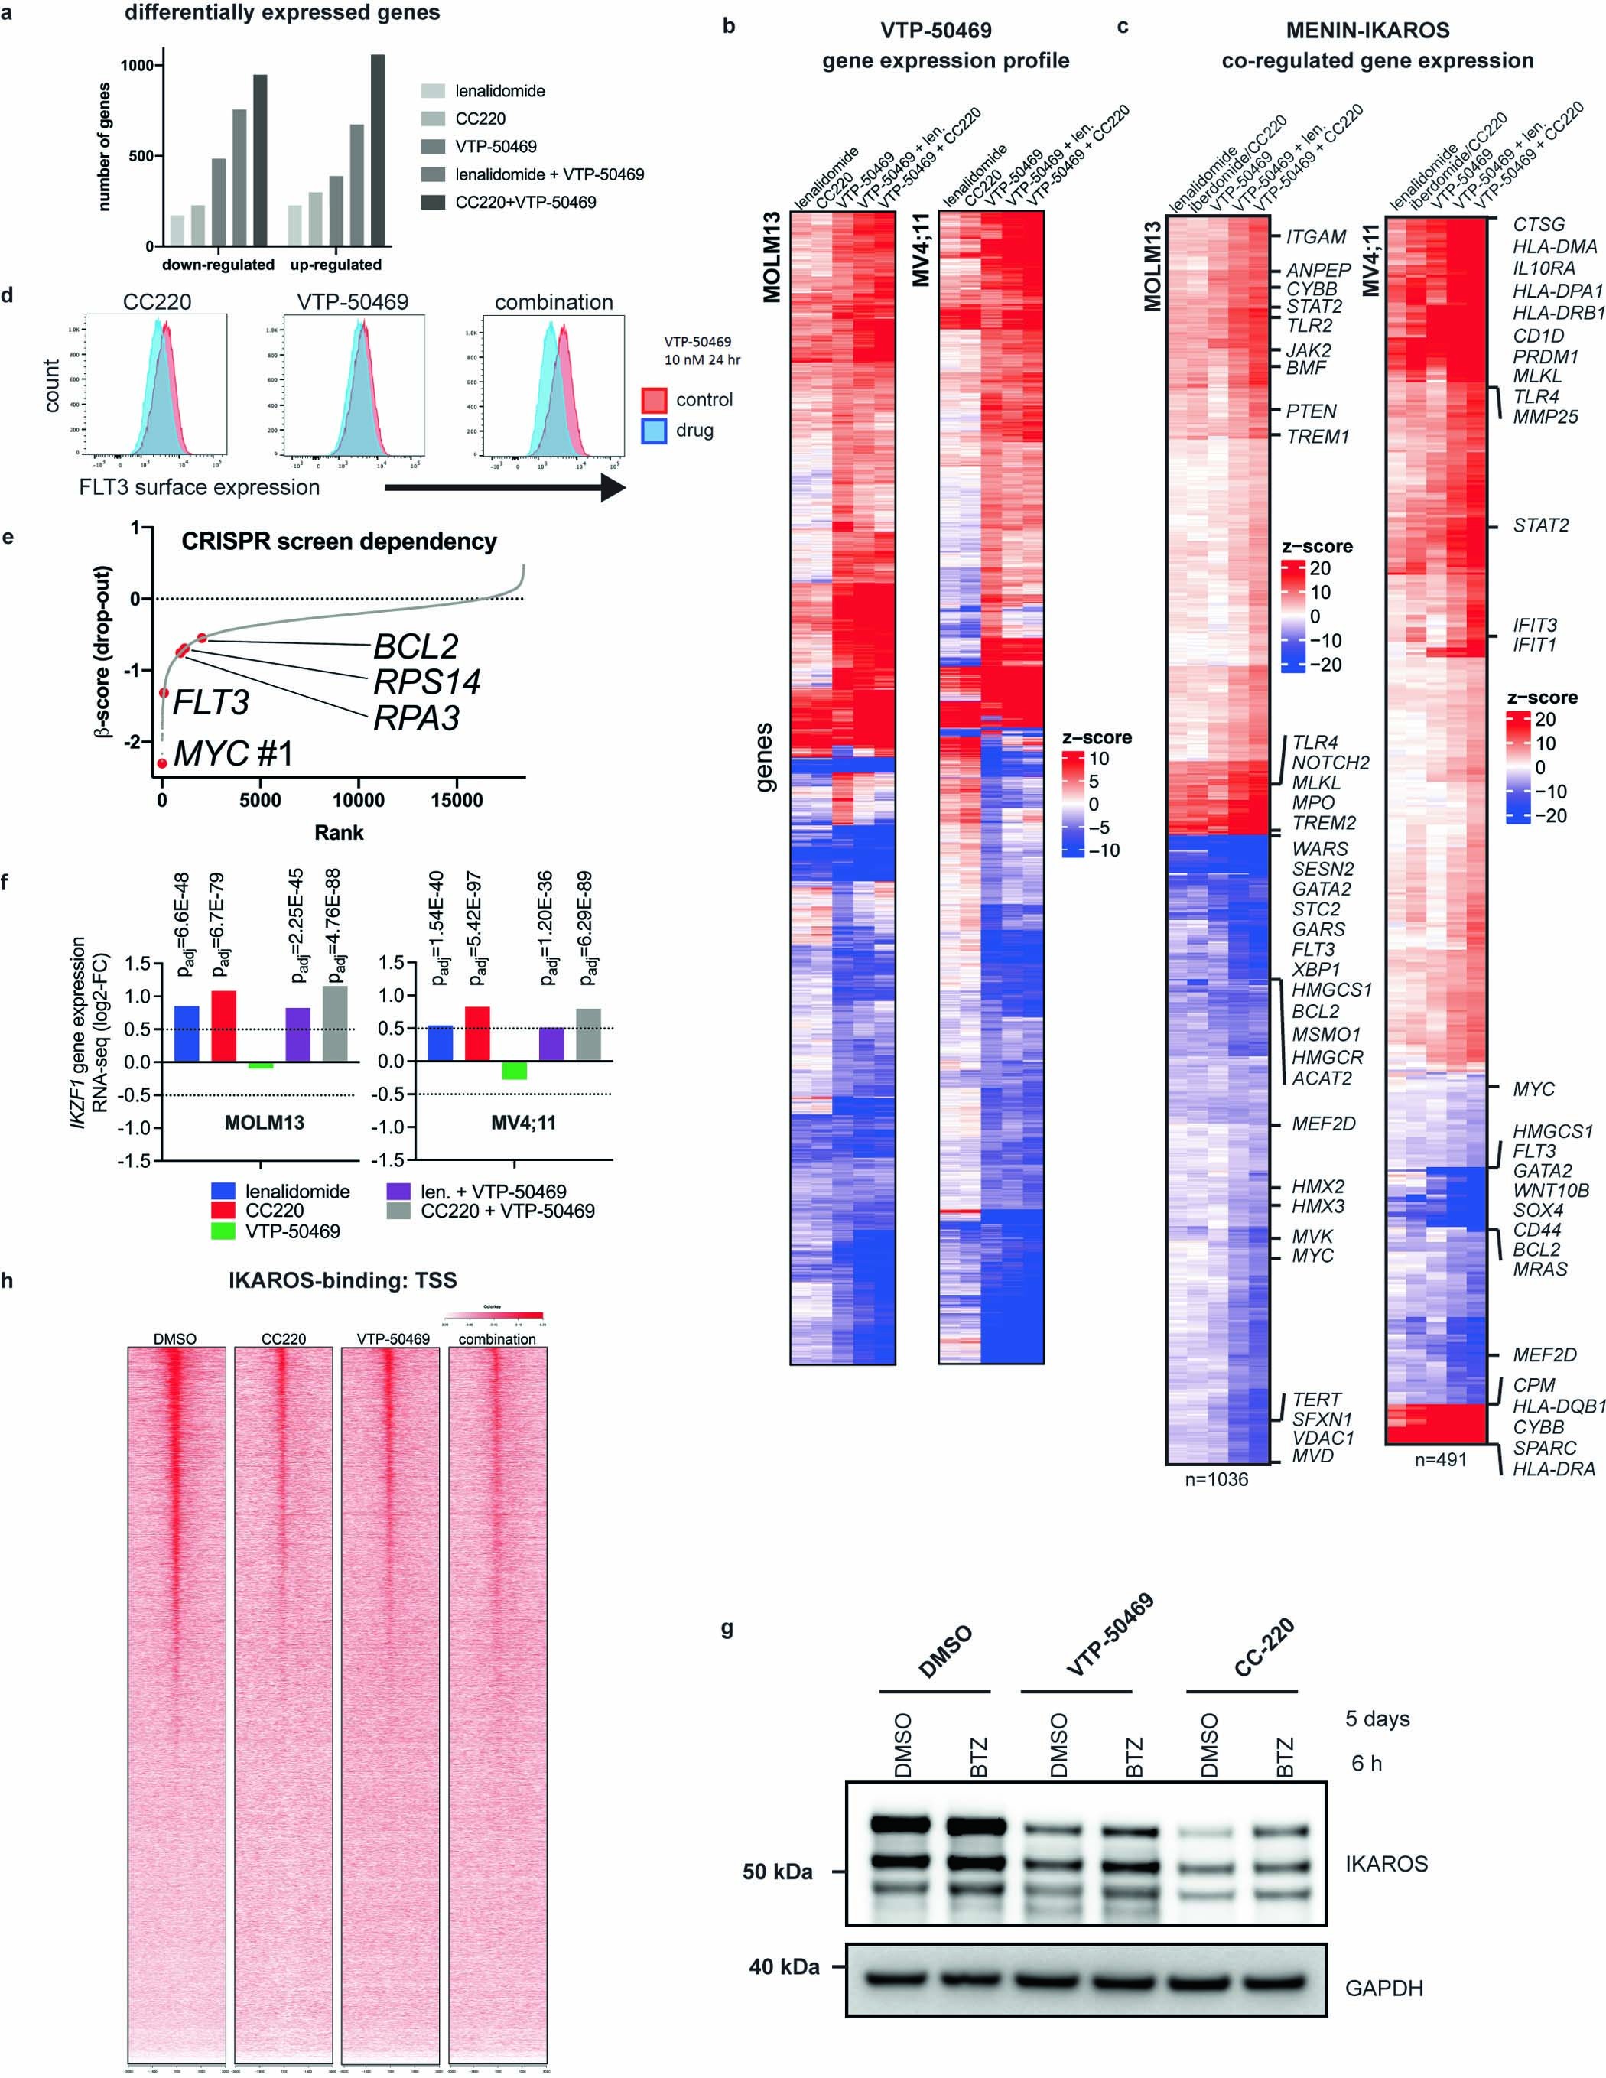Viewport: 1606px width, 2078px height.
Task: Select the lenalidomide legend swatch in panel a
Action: click(x=432, y=91)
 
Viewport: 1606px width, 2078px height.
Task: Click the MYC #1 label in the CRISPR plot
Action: click(x=234, y=753)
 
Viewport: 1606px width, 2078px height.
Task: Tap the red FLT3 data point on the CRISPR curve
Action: click(x=164, y=694)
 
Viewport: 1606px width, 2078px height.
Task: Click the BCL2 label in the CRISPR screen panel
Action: click(x=416, y=647)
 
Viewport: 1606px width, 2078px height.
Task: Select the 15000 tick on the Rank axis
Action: click(x=457, y=801)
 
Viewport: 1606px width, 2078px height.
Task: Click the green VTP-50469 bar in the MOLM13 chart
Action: click(x=261, y=1065)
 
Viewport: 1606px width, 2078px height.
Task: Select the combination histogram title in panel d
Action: click(x=554, y=303)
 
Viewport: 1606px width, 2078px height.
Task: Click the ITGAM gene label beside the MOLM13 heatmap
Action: click(x=1318, y=237)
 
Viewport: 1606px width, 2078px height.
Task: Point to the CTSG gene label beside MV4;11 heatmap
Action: click(x=1539, y=225)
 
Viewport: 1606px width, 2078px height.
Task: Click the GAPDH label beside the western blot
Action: click(x=1384, y=1988)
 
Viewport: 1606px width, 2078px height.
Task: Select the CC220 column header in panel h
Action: click(x=284, y=1338)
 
